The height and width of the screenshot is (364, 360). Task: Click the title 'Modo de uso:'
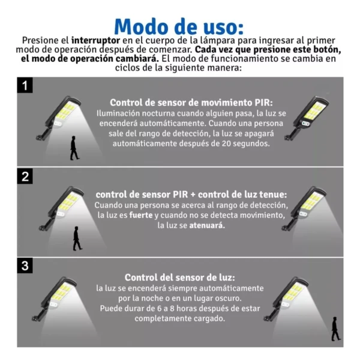coord(179,27)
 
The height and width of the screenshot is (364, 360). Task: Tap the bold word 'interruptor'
coord(95,41)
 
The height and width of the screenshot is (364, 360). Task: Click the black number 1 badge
coord(25,85)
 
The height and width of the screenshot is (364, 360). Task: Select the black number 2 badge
coord(25,176)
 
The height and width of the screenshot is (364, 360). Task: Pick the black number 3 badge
coord(25,265)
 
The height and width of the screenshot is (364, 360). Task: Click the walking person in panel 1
coord(74,148)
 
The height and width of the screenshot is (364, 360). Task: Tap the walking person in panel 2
coord(77,238)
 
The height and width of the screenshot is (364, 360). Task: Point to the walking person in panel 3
coord(335,329)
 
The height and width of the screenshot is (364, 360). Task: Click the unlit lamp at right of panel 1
coord(307,118)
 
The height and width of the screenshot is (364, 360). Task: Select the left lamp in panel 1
coord(58,118)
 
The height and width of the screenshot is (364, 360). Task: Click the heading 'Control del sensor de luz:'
coord(180,278)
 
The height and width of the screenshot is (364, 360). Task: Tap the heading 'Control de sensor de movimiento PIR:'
coord(191,103)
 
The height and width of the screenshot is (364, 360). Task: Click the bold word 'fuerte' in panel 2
coord(141,215)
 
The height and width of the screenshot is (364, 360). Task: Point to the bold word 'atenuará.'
coord(207,225)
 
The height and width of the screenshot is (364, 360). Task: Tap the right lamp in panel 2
coord(304,208)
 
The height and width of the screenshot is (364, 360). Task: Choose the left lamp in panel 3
coord(54,299)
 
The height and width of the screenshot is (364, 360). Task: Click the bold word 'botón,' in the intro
coord(325,50)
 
